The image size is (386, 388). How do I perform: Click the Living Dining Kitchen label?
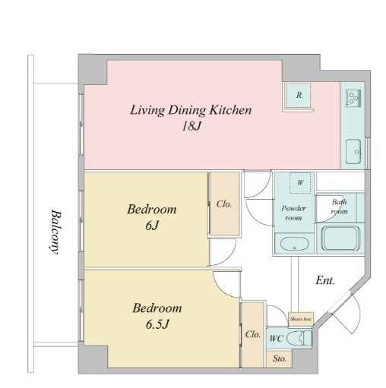[191, 110]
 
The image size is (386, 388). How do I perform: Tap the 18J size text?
[191, 126]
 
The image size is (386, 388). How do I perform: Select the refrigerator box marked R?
[298, 96]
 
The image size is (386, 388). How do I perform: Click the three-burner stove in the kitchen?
[353, 97]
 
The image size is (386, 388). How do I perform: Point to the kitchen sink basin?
[353, 151]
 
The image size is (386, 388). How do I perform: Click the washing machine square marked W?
[300, 183]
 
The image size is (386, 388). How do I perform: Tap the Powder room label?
[293, 213]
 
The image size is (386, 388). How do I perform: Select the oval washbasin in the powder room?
[294, 244]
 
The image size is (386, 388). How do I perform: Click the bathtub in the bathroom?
[340, 238]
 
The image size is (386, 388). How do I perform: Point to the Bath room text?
[339, 207]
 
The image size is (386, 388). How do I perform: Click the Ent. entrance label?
[325, 280]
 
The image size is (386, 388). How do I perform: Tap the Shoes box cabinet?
[301, 319]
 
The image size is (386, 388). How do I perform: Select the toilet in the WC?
[299, 338]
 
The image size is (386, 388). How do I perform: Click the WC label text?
[276, 339]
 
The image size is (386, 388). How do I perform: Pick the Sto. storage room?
[279, 358]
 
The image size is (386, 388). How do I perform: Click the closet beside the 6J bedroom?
[225, 203]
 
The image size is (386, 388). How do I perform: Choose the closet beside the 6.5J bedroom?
[252, 335]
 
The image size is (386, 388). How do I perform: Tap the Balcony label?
[55, 232]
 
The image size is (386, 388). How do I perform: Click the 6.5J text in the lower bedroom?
[157, 324]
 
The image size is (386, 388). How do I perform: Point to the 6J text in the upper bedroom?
[152, 226]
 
